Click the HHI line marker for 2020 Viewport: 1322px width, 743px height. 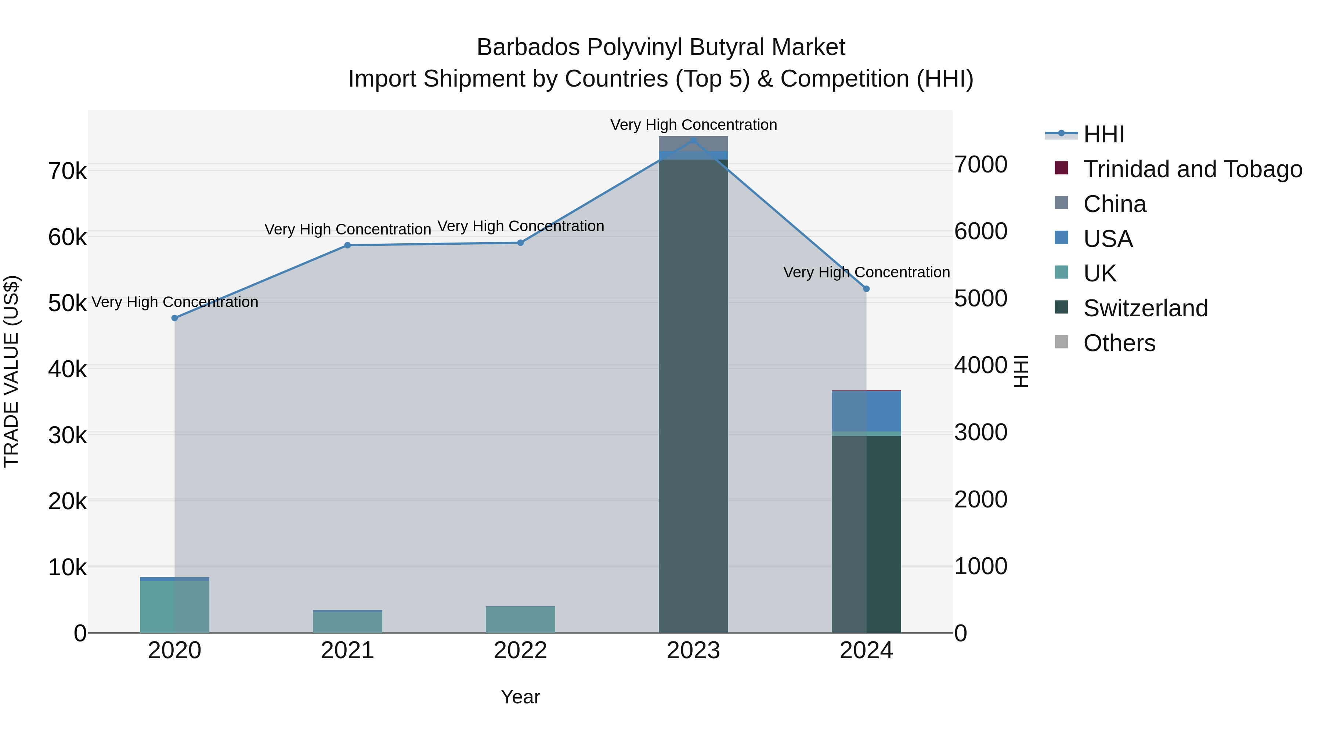(x=174, y=318)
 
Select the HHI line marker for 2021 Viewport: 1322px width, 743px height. (x=347, y=245)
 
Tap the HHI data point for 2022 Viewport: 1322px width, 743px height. (x=520, y=243)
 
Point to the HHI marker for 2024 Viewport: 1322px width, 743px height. (x=866, y=289)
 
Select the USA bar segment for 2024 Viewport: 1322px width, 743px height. (x=866, y=411)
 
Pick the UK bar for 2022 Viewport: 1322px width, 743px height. (x=520, y=619)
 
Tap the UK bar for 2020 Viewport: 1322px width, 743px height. (x=174, y=607)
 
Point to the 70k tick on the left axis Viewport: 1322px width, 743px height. (x=67, y=171)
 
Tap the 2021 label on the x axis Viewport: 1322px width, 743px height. (x=347, y=651)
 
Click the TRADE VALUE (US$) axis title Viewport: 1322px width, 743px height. (x=11, y=371)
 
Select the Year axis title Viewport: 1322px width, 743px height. (x=520, y=697)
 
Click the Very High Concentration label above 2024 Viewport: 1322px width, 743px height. (x=866, y=272)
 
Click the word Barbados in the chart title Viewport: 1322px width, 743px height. (x=528, y=47)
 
